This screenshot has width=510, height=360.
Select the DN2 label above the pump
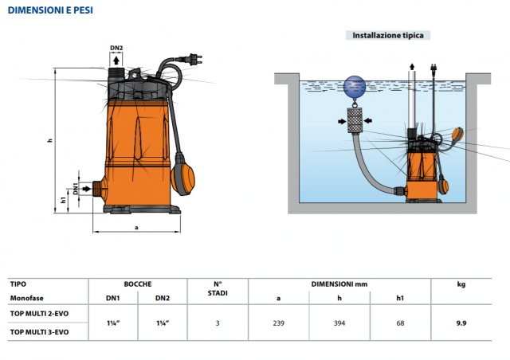[116, 49]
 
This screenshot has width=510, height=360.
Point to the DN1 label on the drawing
[76, 189]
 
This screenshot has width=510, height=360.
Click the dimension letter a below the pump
[136, 227]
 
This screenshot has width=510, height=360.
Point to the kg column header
[461, 284]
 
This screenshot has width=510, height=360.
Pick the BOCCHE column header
[137, 284]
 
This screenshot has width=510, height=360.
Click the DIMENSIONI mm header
[339, 284]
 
